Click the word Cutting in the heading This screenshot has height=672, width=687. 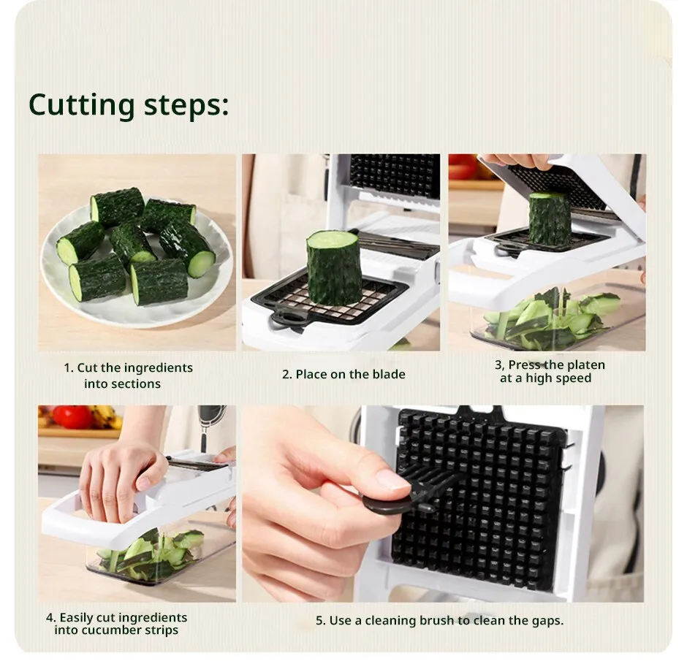82,105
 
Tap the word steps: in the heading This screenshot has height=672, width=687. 186,106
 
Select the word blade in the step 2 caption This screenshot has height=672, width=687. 389,374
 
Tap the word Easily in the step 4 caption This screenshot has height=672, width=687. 76,618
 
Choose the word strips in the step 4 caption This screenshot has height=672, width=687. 163,630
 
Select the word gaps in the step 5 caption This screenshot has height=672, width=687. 547,621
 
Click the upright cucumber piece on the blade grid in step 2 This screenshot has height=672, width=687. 334,268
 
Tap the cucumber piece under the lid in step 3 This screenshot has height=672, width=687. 550,218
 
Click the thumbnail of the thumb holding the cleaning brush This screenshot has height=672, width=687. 393,479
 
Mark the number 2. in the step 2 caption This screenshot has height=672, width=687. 287,375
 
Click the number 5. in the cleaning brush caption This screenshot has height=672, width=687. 321,621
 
